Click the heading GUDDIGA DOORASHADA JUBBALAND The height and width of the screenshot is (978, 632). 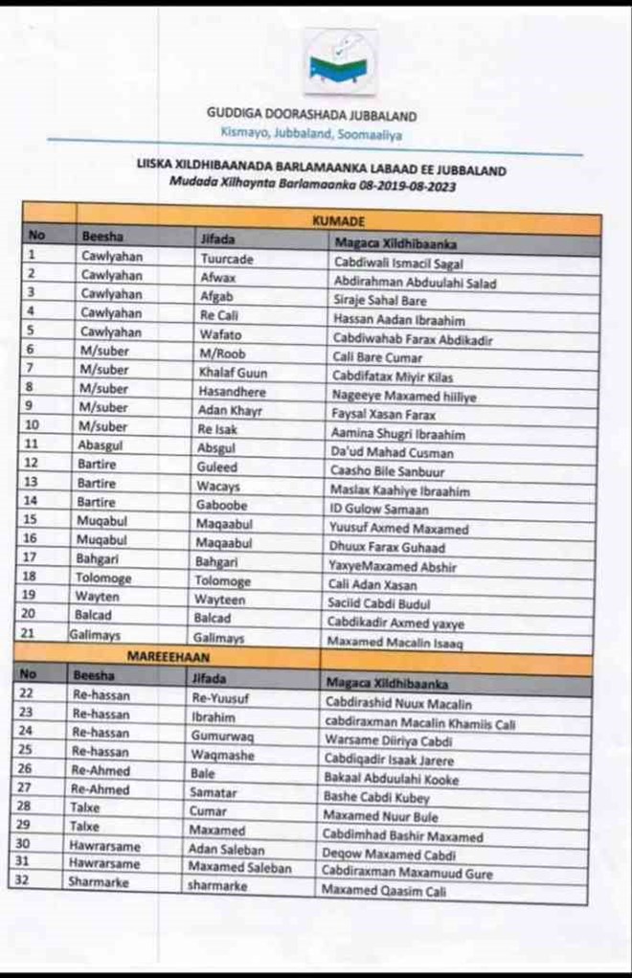point(311,115)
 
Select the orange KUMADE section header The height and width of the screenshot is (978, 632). point(339,221)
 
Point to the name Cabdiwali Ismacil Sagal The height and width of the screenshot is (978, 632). point(397,262)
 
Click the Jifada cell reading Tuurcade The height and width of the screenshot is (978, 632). point(227,258)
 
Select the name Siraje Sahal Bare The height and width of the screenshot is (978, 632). point(381,299)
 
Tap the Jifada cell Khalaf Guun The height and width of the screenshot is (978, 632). point(233,372)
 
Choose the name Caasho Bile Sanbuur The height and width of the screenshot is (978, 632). point(388,471)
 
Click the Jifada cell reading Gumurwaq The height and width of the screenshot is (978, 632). point(222,735)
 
